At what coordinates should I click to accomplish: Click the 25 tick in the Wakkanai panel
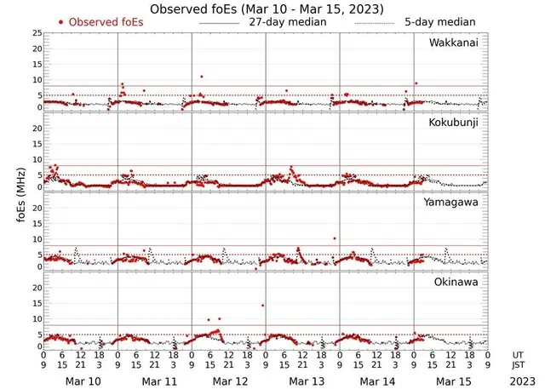[x=36, y=33]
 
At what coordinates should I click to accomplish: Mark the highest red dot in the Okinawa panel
[x=263, y=305]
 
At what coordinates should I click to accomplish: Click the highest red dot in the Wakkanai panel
[x=201, y=77]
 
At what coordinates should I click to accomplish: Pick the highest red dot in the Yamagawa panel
[x=335, y=238]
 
